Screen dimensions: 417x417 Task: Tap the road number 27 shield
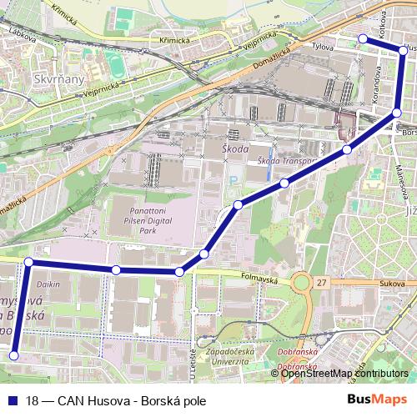point(321,284)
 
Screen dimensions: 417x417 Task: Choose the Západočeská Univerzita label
point(220,357)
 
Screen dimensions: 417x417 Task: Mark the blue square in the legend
point(11,400)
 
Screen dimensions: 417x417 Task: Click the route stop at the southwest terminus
point(13,356)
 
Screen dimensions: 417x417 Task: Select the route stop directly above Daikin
point(28,262)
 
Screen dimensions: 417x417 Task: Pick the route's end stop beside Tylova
point(362,38)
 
